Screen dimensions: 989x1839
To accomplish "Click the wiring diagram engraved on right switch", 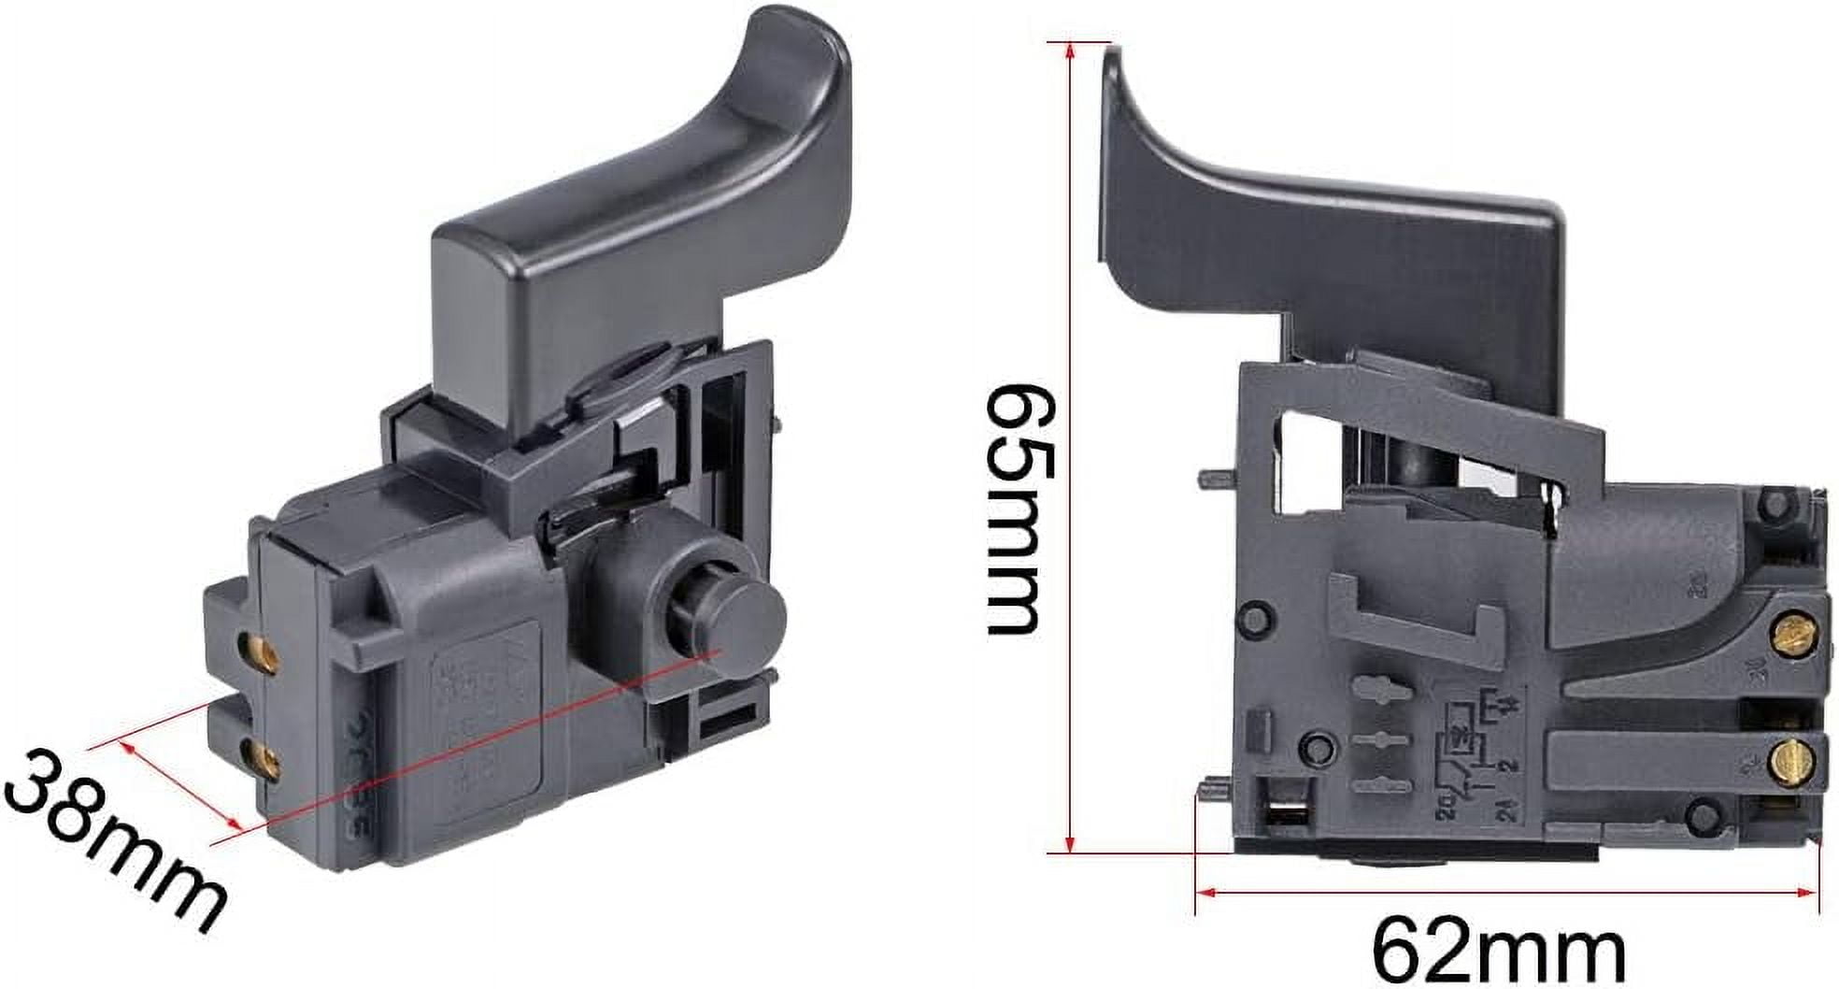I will click(1467, 752).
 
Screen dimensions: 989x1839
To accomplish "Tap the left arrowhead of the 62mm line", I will click(1206, 893).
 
